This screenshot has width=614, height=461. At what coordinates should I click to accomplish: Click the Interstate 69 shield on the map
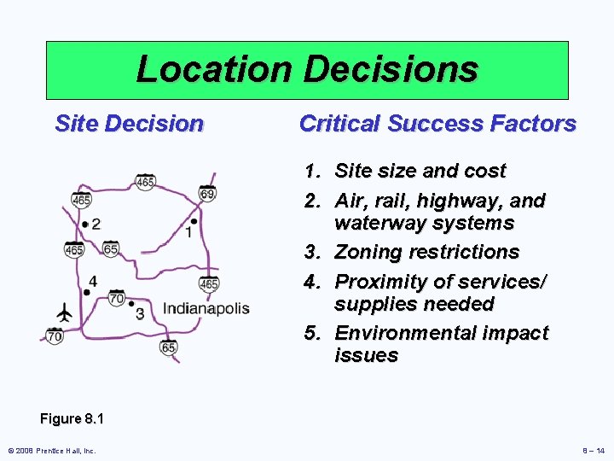coord(207,193)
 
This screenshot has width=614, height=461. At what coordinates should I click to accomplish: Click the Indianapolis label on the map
coord(206,308)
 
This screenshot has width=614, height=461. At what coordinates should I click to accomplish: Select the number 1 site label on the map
coord(188,232)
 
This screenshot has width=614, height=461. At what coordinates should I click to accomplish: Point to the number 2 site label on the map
coord(96,224)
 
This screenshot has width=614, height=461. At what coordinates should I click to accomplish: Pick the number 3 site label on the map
coord(140,313)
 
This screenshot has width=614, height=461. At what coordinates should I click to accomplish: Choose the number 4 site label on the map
coord(92,281)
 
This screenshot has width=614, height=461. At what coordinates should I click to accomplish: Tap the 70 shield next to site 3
coord(117,297)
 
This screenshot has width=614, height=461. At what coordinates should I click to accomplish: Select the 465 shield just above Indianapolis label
coord(209,282)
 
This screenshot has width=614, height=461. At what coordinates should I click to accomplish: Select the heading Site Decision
coord(129,124)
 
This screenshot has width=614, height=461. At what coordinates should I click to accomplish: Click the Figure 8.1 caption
coord(72,419)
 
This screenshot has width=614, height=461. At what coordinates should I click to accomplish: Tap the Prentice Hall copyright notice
coord(52,451)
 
